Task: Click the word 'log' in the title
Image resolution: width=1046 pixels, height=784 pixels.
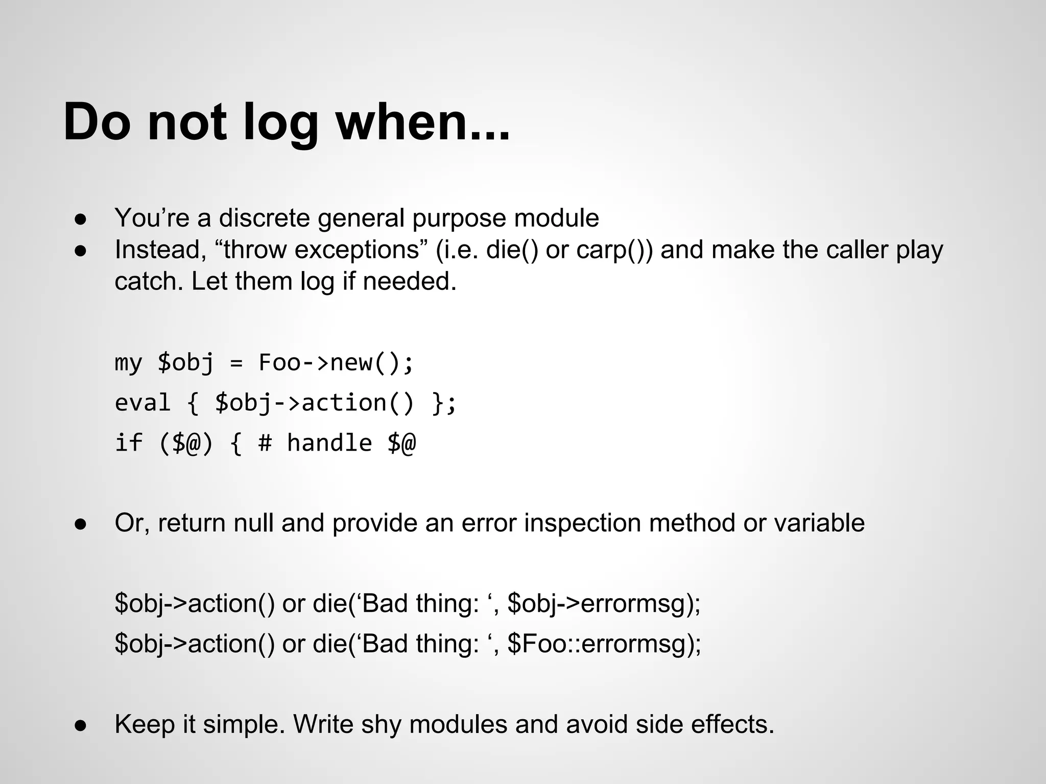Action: (x=280, y=122)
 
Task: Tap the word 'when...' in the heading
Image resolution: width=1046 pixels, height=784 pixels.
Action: (x=422, y=122)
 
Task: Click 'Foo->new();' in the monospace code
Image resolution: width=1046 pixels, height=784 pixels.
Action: (x=336, y=363)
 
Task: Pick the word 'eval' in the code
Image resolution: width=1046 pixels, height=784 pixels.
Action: (x=142, y=403)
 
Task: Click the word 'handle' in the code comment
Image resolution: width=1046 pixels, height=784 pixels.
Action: (x=329, y=443)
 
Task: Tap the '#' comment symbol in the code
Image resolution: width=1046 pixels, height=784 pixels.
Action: (x=265, y=443)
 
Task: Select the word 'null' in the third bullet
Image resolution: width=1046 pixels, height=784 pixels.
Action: (x=254, y=523)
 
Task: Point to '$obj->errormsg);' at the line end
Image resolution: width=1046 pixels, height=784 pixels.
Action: (x=604, y=603)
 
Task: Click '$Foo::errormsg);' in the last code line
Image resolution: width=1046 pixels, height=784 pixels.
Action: (x=604, y=643)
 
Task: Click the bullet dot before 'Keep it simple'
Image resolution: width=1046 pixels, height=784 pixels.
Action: (x=81, y=726)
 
